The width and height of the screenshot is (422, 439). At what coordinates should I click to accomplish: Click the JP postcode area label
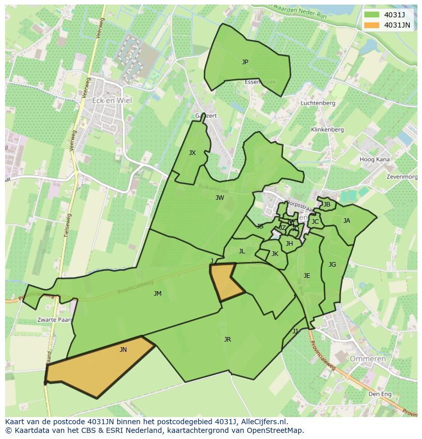[245, 62]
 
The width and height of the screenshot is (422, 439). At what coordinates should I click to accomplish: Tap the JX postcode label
[192, 153]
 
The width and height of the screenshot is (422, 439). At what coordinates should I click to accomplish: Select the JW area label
[220, 198]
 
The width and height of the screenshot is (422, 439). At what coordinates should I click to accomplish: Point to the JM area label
[157, 294]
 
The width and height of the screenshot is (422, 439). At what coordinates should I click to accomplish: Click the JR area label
[227, 340]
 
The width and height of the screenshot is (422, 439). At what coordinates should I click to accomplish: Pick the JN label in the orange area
[123, 350]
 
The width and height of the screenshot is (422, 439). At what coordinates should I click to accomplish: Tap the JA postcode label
[347, 221]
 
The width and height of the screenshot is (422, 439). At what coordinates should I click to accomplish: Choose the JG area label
[332, 265]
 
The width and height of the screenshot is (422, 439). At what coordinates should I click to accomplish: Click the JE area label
[307, 276]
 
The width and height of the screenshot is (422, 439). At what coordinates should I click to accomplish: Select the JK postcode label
[275, 254]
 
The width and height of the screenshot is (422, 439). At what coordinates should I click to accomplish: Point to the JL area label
[242, 251]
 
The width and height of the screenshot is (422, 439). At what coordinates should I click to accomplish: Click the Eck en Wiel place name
[112, 100]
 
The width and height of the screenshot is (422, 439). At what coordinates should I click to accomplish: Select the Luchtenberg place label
[318, 103]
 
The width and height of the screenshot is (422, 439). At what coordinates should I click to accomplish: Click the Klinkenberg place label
[327, 130]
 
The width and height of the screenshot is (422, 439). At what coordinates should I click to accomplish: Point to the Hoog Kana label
[375, 160]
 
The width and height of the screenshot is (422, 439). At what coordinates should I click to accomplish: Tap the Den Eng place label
[380, 394]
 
